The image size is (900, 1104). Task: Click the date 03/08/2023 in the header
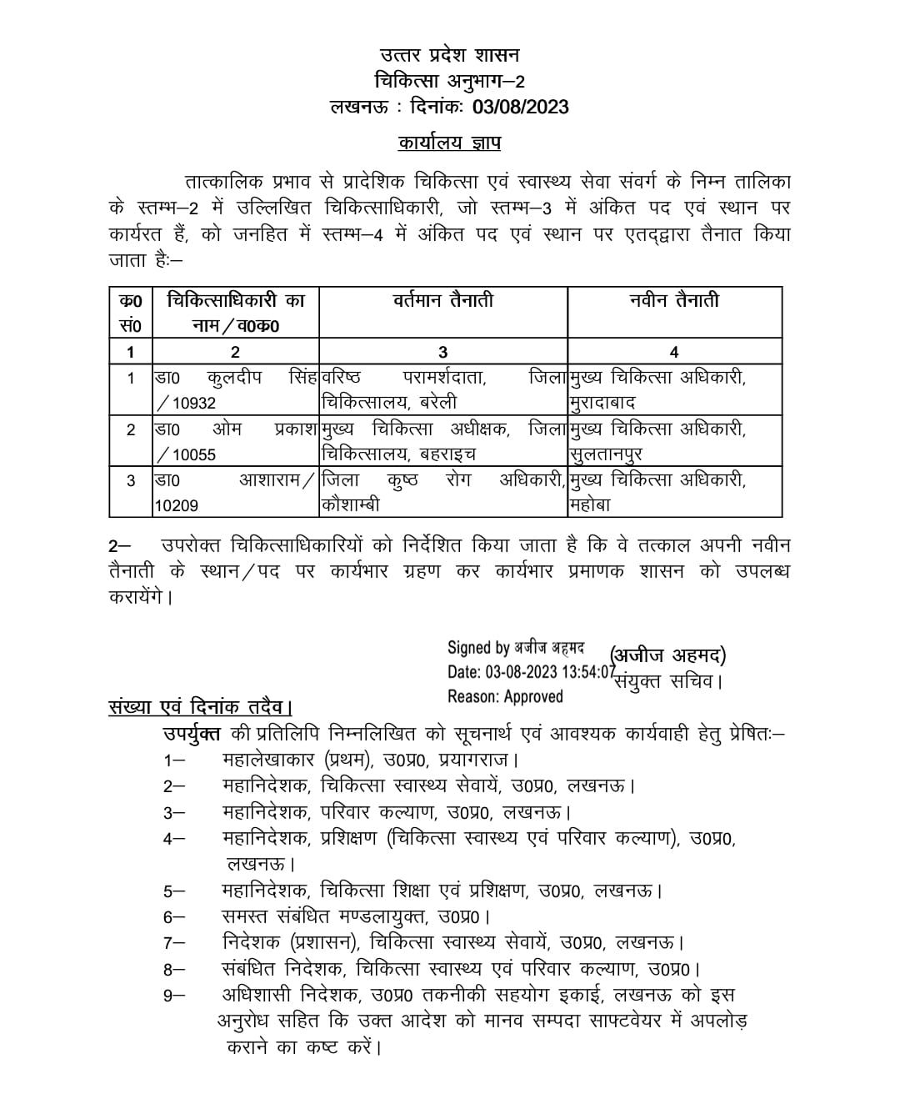pyautogui.click(x=521, y=106)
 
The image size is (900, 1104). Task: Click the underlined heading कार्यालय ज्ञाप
pyautogui.click(x=449, y=143)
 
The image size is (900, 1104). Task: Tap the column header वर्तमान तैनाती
pyautogui.click(x=443, y=300)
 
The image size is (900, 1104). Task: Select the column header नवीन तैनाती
pyautogui.click(x=674, y=300)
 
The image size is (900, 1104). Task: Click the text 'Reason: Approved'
pyautogui.click(x=505, y=696)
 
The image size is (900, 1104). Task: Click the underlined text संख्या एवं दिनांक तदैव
pyautogui.click(x=199, y=707)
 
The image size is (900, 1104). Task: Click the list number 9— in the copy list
pyautogui.click(x=174, y=995)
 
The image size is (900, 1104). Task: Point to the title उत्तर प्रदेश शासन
pyautogui.click(x=449, y=56)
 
